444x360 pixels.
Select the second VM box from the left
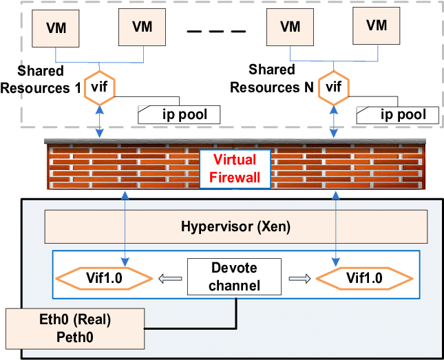point(142,26)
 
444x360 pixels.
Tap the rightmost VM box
point(377,25)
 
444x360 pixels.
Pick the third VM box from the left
point(290,27)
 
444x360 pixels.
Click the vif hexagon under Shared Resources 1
point(100,87)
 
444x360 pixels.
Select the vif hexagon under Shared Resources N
point(334,87)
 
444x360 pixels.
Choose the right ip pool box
point(397,114)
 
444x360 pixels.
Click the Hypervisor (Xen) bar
point(235,226)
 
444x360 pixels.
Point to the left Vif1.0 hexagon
point(103,278)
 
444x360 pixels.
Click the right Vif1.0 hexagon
point(364,278)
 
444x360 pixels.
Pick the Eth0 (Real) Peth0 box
point(75,328)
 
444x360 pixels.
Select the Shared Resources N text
point(272,79)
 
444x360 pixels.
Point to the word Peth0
point(75,337)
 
